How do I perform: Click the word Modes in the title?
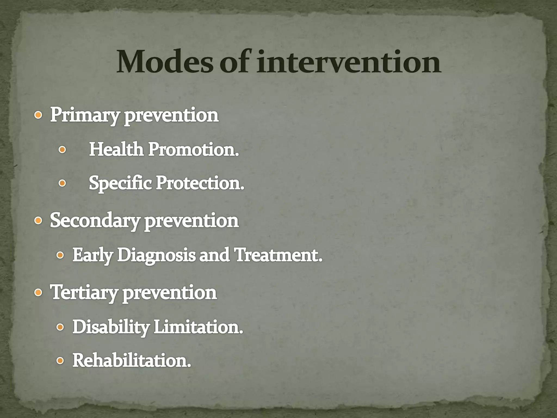click(x=165, y=62)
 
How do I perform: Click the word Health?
click(x=116, y=150)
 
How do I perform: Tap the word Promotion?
click(x=193, y=150)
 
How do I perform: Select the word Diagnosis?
click(x=156, y=255)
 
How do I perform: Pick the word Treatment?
click(x=278, y=255)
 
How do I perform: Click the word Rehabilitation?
click(x=132, y=361)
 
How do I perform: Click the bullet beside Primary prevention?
click(x=38, y=116)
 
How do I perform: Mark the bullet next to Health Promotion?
click(x=62, y=150)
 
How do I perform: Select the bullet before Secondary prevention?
click(x=38, y=221)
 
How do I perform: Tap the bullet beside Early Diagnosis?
click(x=60, y=255)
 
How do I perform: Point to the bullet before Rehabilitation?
click(x=60, y=361)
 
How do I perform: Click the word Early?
click(x=92, y=255)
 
